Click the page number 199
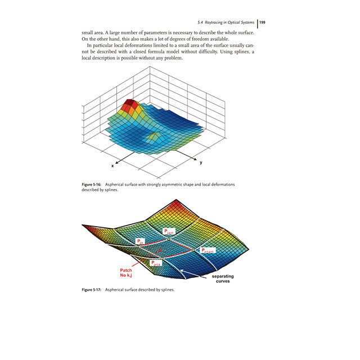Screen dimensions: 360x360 tap(262, 22)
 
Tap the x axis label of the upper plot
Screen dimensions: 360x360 tap(112, 166)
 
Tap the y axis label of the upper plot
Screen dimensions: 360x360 tap(201, 163)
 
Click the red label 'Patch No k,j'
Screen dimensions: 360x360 tap(126, 273)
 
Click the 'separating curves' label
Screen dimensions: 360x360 tap(222, 279)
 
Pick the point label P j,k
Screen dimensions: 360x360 tap(141, 241)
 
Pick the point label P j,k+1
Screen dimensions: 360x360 tap(169, 231)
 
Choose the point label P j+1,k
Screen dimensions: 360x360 tap(157, 263)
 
